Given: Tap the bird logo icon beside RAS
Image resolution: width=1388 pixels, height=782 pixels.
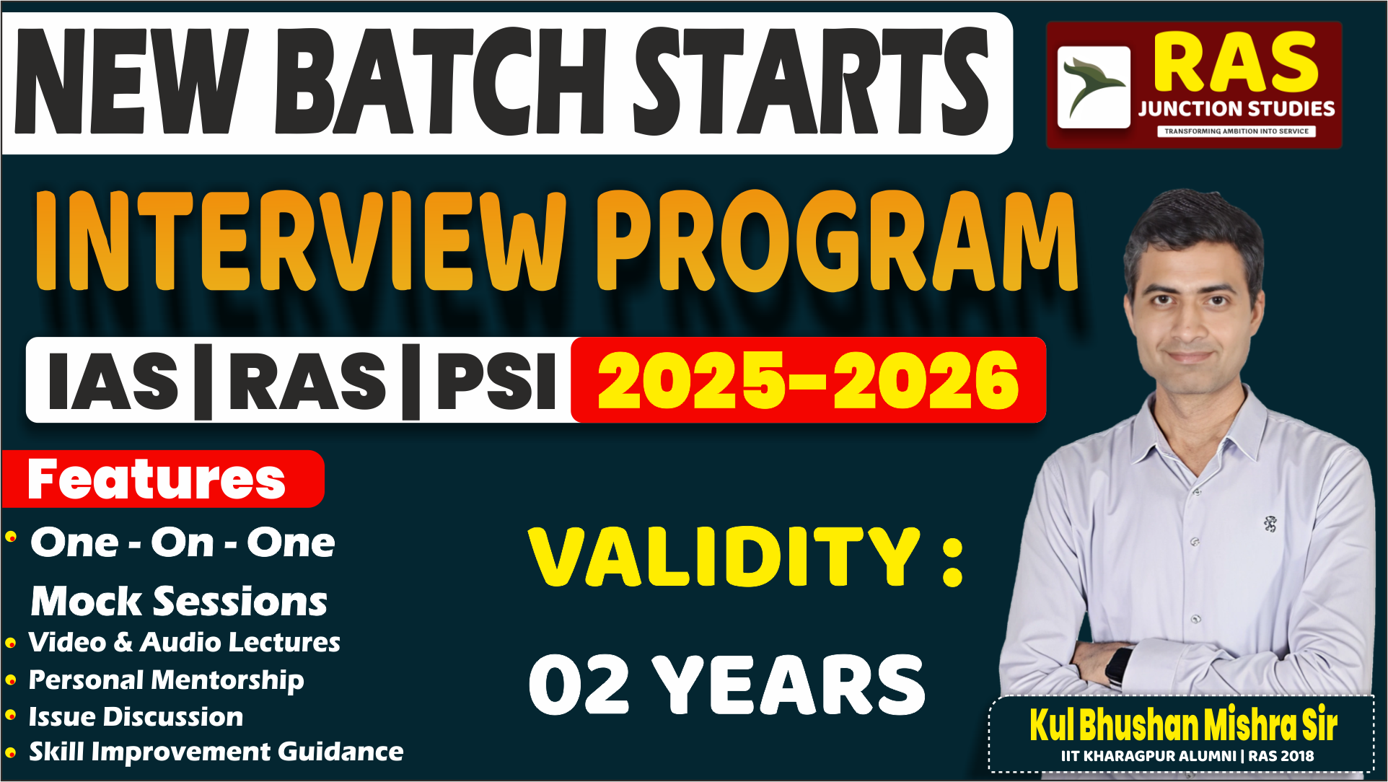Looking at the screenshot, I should point(1094,87).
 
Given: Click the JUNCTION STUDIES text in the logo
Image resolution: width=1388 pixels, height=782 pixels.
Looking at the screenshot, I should point(1237,109).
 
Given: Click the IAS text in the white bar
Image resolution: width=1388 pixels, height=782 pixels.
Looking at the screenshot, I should point(113,381).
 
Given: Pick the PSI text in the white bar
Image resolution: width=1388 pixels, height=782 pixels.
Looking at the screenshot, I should point(496,381).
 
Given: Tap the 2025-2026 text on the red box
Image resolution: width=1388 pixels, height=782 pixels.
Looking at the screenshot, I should point(808,381).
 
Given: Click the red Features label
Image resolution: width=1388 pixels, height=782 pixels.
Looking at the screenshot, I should point(157,479).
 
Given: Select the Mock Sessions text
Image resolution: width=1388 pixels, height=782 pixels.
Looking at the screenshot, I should point(179,601).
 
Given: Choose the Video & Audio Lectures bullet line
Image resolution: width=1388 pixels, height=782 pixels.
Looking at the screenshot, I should point(184,642).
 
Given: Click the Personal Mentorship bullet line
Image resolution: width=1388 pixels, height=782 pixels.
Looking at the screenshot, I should point(166,680).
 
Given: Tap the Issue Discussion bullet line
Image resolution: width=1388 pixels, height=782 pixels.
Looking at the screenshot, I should point(136,716).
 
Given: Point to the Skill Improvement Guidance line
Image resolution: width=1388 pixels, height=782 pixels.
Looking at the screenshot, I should point(216,752).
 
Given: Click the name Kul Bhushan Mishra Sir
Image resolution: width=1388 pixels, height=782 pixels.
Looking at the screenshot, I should point(1183,724).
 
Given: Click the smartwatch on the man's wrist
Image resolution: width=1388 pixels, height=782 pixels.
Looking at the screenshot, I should point(1119,664).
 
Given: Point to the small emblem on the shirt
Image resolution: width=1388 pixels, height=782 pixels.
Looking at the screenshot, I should point(1270,524).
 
